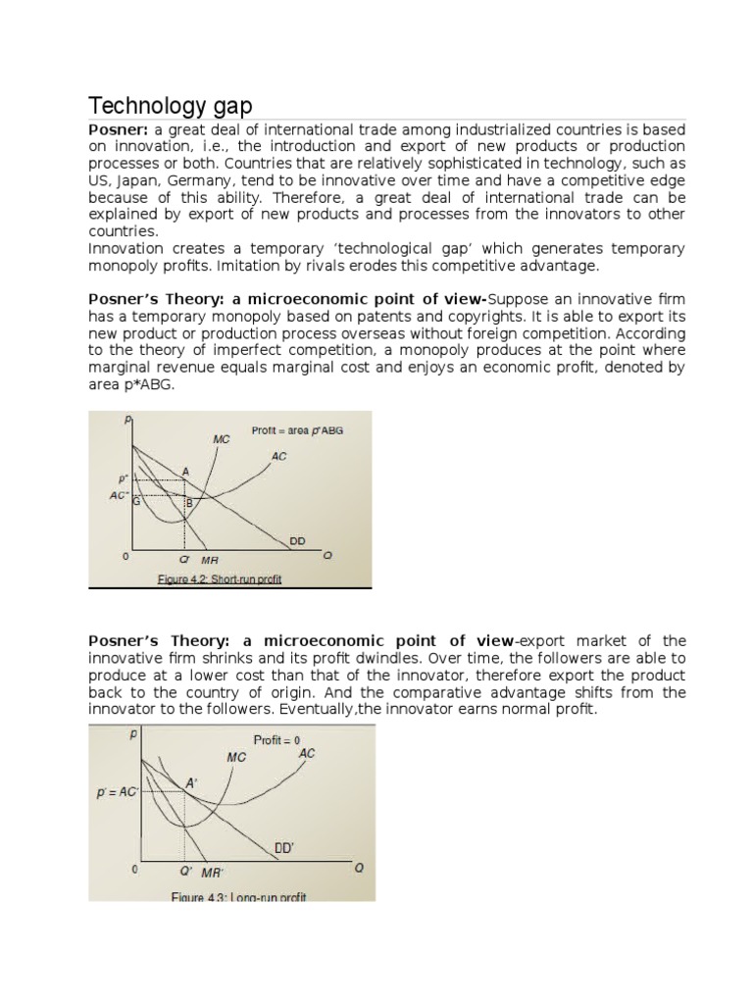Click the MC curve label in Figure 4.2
[222, 439]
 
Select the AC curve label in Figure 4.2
[279, 456]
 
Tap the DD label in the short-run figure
[297, 540]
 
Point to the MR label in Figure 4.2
[210, 560]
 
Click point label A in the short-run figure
[185, 472]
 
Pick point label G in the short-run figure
[136, 501]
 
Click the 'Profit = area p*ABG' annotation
[298, 429]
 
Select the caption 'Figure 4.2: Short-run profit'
[220, 579]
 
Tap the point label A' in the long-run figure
[191, 782]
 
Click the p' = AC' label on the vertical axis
[117, 792]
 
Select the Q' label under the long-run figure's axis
[185, 870]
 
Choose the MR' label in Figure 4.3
[213, 872]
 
